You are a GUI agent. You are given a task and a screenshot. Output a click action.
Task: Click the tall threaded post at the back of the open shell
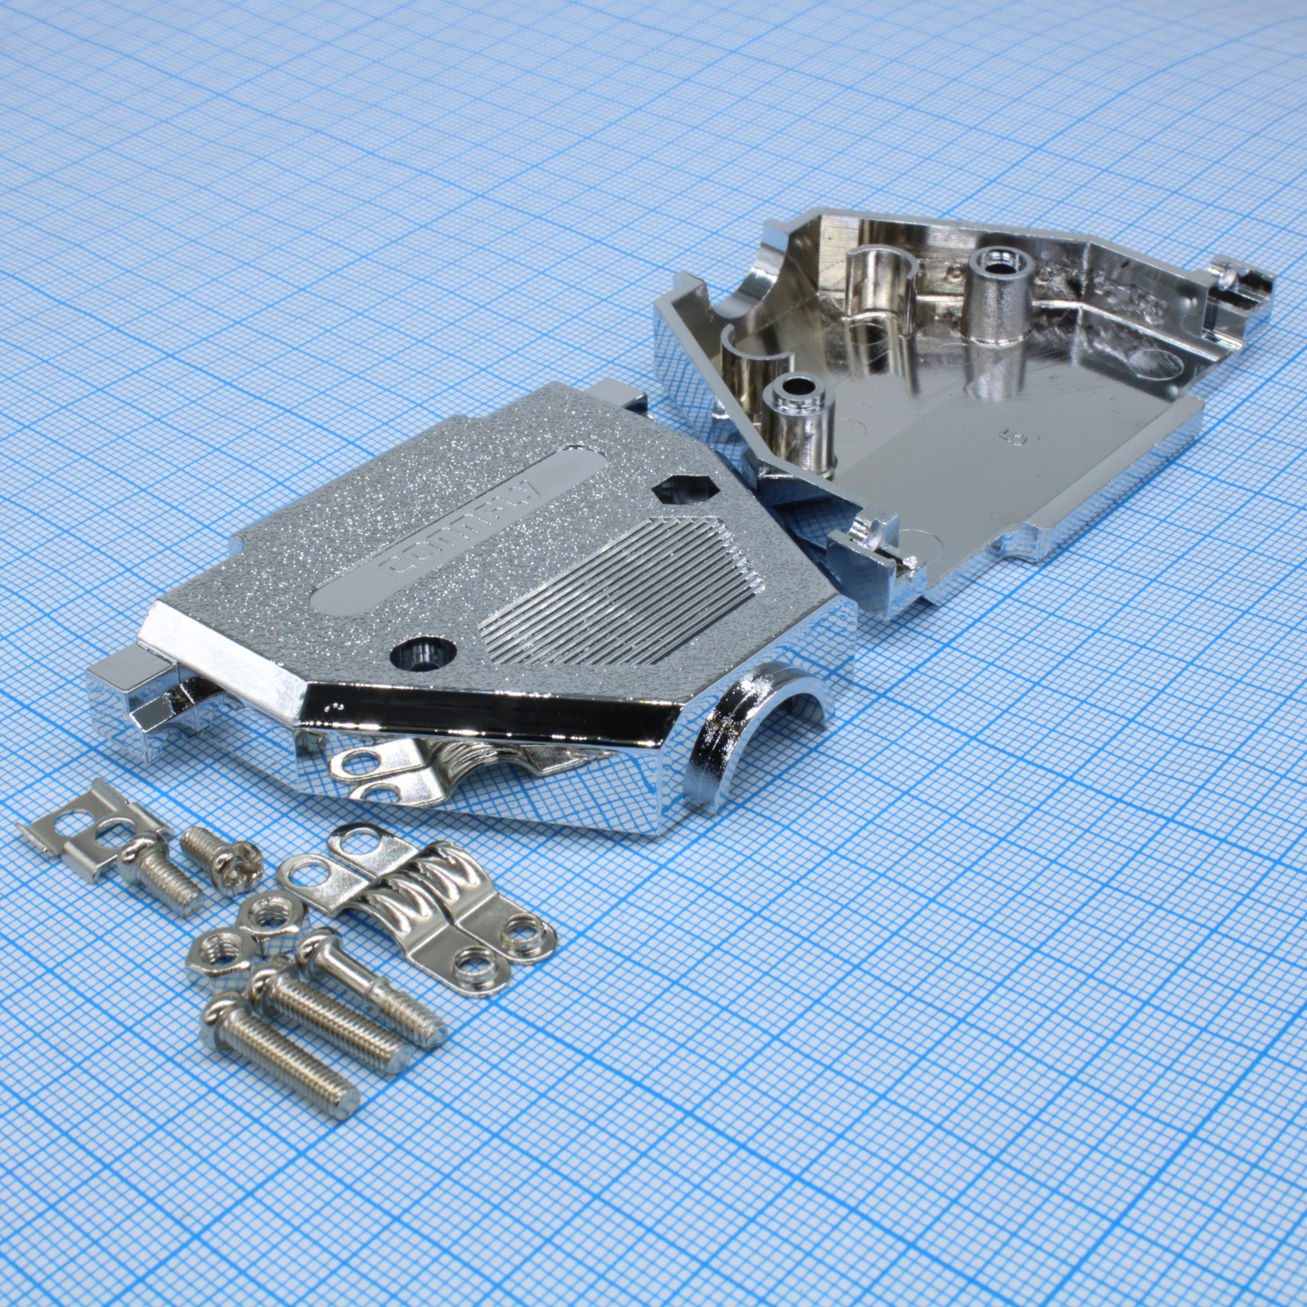click(x=998, y=291)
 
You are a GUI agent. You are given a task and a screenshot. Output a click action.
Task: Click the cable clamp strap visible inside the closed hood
click(x=399, y=771)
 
